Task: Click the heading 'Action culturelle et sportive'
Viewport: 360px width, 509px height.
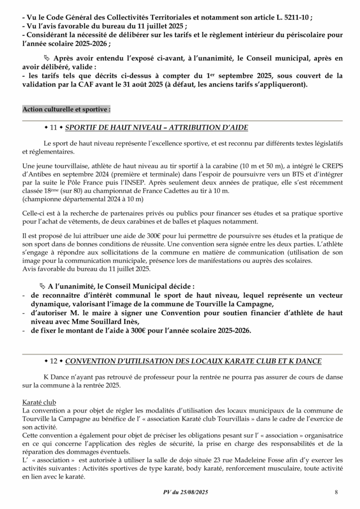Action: click(67, 109)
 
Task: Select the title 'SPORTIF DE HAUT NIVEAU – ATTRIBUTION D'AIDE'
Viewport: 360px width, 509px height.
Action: click(157, 128)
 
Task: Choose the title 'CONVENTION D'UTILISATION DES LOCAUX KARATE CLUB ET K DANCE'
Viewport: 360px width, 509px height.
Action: click(193, 360)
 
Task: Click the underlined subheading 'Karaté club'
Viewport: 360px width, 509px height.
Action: click(39, 402)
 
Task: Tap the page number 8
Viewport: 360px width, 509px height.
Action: click(337, 492)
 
